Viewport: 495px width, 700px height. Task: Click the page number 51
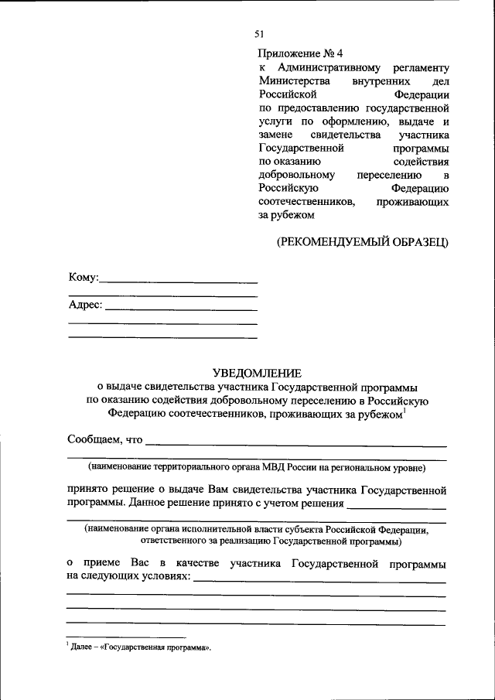point(259,33)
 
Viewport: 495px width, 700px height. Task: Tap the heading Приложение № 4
point(299,53)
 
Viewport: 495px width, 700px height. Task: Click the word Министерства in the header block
point(295,81)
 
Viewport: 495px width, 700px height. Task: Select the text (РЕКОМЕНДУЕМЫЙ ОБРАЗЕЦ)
point(363,243)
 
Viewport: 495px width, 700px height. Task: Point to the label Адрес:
point(85,305)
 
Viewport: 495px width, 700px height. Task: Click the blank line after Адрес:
point(180,309)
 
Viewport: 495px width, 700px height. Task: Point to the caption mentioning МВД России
point(257,467)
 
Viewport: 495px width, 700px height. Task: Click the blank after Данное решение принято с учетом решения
point(397,508)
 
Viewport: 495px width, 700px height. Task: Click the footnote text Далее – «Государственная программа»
point(141,646)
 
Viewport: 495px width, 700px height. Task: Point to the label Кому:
point(83,277)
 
